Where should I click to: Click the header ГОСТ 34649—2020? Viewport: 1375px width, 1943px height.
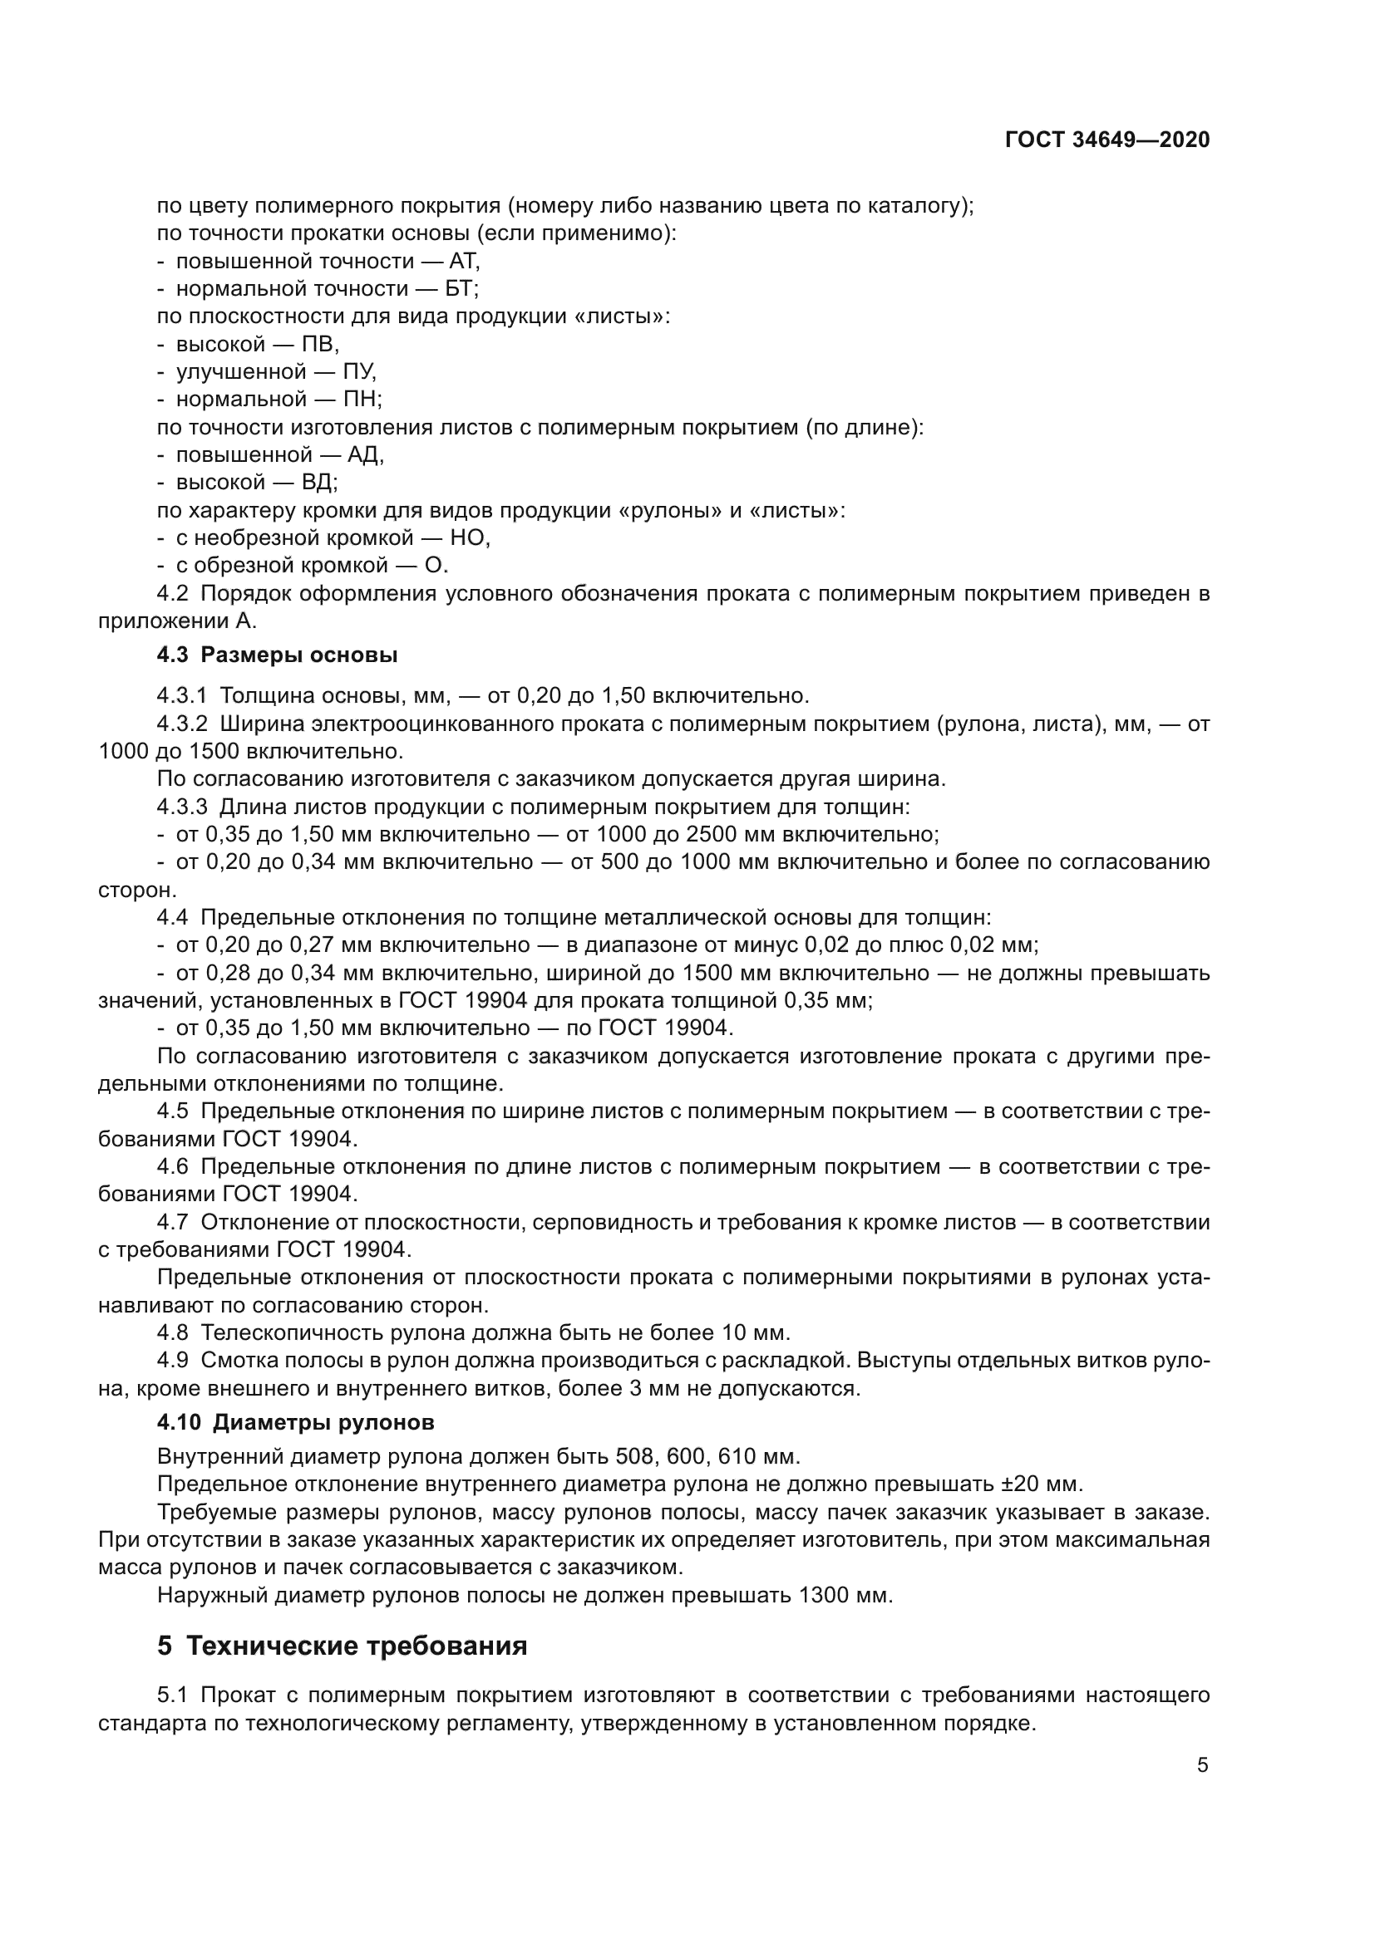click(1106, 140)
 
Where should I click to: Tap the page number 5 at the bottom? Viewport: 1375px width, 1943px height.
click(1202, 1765)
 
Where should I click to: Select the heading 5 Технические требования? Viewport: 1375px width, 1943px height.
click(342, 1646)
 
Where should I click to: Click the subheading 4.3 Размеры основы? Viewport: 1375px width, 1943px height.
click(277, 655)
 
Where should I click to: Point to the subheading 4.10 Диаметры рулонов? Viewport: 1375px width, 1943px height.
click(295, 1422)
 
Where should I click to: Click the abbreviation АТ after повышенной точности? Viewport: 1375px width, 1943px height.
click(464, 262)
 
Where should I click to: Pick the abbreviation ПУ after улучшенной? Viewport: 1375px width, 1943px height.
click(359, 372)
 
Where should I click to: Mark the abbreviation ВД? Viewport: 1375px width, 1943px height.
click(319, 483)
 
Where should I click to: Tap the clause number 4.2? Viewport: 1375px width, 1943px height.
click(174, 594)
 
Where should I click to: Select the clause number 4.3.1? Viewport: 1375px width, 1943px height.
click(182, 695)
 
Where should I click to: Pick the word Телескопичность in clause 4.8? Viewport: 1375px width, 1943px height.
click(292, 1332)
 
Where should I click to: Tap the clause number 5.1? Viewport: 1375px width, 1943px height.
click(174, 1696)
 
